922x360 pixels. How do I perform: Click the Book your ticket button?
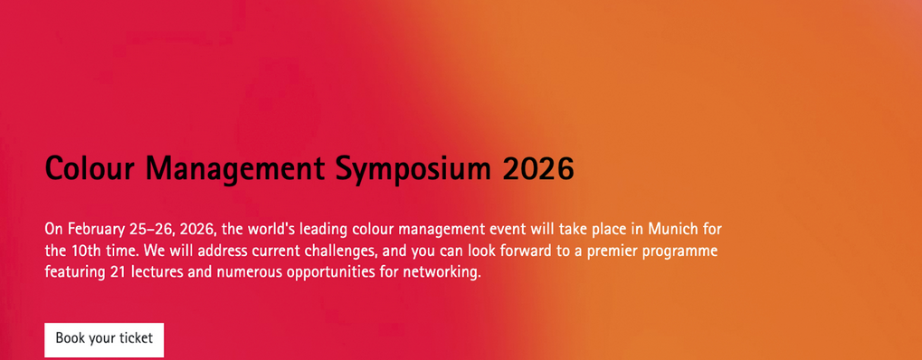coord(104,339)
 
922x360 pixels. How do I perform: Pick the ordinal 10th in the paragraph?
coord(85,251)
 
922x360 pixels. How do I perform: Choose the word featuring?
coord(74,272)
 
